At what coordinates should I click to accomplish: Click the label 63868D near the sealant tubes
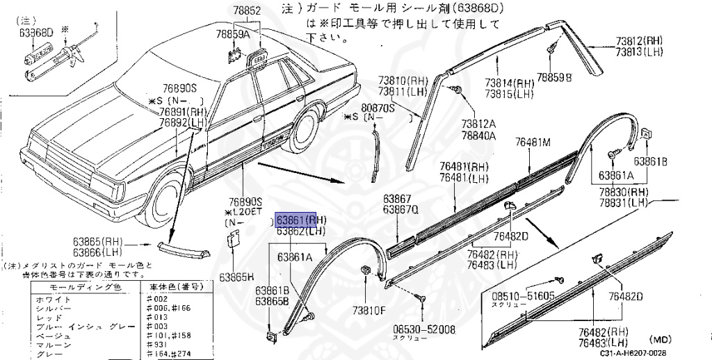tap(36, 32)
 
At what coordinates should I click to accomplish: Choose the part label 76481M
tap(533, 142)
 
